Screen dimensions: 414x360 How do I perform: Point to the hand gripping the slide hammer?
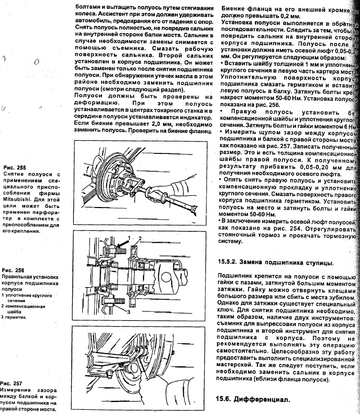click(x=179, y=182)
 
